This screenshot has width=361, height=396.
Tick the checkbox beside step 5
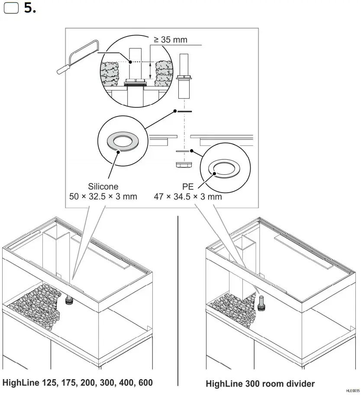(x=10, y=9)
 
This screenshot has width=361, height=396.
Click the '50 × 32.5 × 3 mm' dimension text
(x=103, y=196)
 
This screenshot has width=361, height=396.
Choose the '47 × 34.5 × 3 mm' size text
(x=188, y=196)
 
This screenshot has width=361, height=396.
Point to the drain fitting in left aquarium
(x=69, y=300)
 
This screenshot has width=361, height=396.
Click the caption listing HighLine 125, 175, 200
(x=77, y=383)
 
